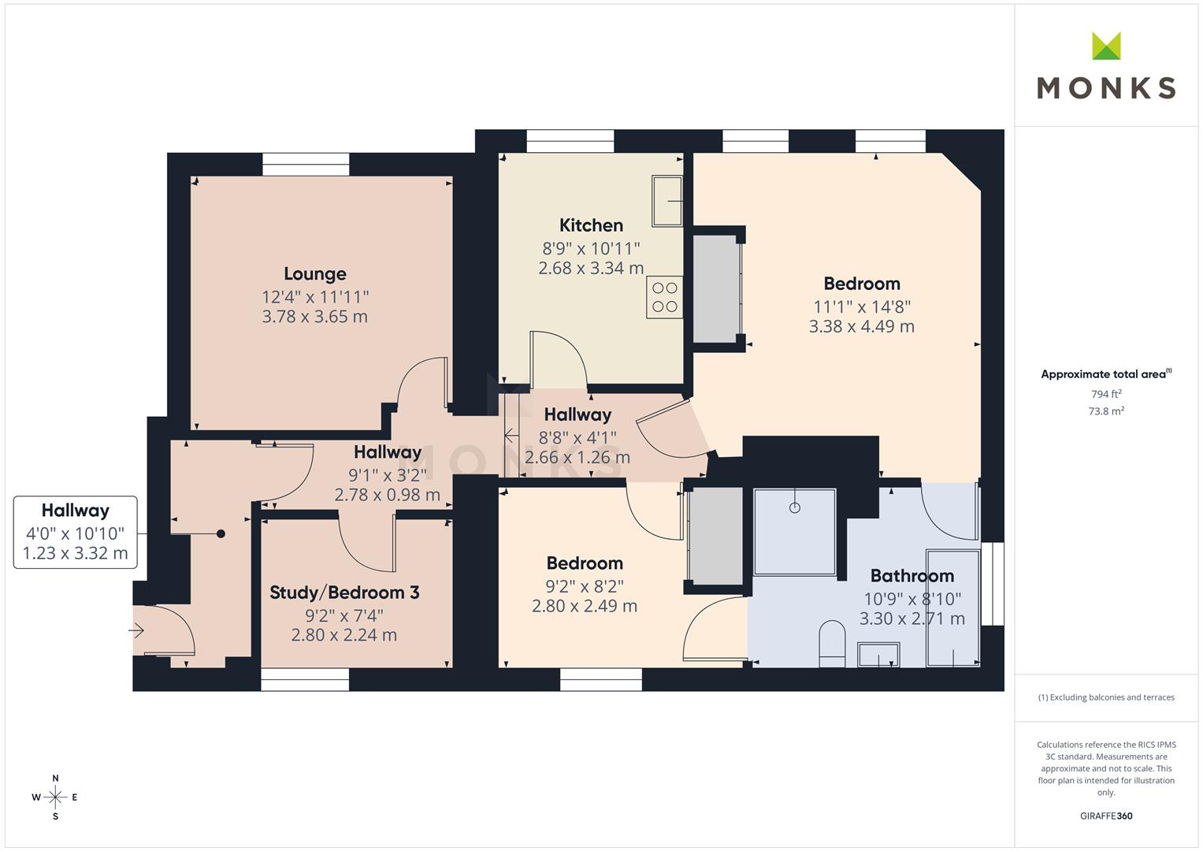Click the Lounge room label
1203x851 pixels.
pos(314,274)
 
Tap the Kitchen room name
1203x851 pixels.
pos(591,225)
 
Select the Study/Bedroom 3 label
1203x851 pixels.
pos(344,593)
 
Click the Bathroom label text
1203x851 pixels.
pos(912,576)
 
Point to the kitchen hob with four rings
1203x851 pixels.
pos(664,297)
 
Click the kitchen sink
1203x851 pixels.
pos(667,201)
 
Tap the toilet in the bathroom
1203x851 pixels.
pos(832,644)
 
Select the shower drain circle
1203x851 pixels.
pos(795,507)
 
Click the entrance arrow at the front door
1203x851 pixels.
pos(136,630)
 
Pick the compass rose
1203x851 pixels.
pos(55,797)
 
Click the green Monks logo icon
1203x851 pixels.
pos(1106,46)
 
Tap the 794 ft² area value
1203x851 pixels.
pos(1106,394)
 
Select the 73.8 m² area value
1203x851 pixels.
pos(1106,411)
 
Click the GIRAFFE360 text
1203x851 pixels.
pos(1106,816)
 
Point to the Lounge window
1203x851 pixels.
pos(306,165)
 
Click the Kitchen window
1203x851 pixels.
pos(570,141)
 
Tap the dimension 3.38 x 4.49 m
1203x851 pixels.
pos(861,326)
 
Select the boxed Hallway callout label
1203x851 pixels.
pos(75,532)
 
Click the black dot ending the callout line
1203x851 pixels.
pos(221,534)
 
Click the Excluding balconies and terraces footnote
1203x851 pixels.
pos(1106,697)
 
